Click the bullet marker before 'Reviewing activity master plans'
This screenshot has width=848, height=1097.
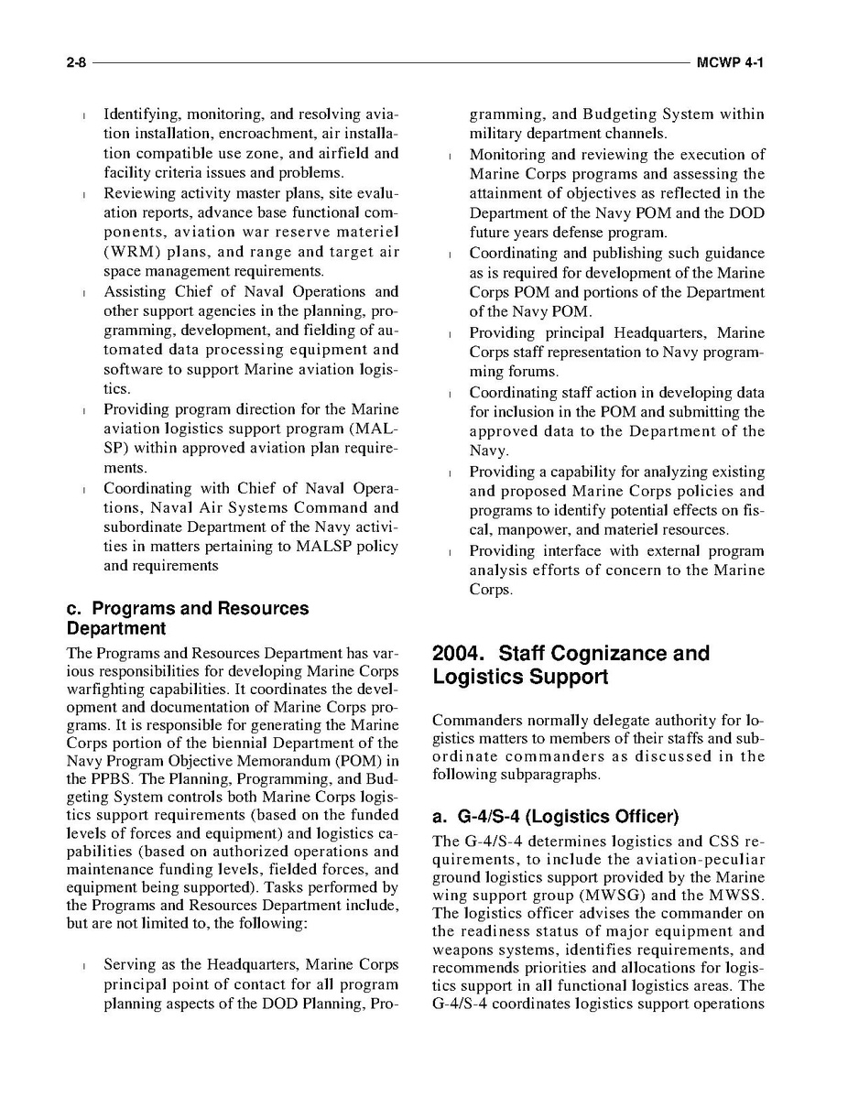coord(84,194)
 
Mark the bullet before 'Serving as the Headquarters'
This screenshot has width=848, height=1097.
coord(84,965)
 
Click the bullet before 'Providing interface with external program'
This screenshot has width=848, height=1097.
coord(451,551)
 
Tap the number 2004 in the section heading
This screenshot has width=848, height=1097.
coord(461,654)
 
